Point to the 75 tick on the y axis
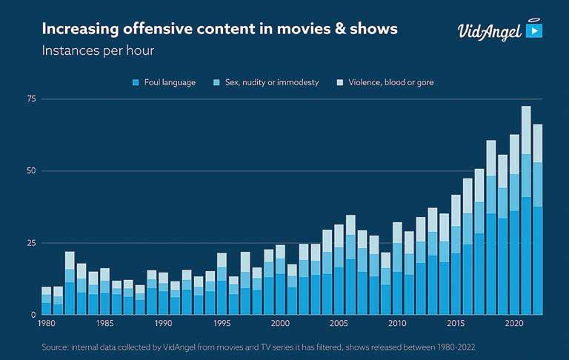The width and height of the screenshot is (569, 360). tap(31, 99)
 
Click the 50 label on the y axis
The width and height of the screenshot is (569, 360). tap(31, 171)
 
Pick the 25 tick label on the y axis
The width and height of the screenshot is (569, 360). tap(31, 244)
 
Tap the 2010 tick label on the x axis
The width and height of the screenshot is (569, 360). tap(397, 324)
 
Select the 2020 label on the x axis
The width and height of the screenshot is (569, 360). tap(513, 324)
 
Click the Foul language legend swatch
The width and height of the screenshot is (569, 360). tap(136, 82)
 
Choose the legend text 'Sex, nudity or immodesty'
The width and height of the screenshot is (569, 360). tap(271, 82)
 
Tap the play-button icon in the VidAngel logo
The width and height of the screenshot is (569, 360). tap(533, 31)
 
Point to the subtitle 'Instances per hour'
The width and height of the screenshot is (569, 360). tap(98, 51)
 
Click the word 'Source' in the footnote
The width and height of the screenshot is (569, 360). tap(56, 346)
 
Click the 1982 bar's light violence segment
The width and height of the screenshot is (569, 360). tap(70, 260)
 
